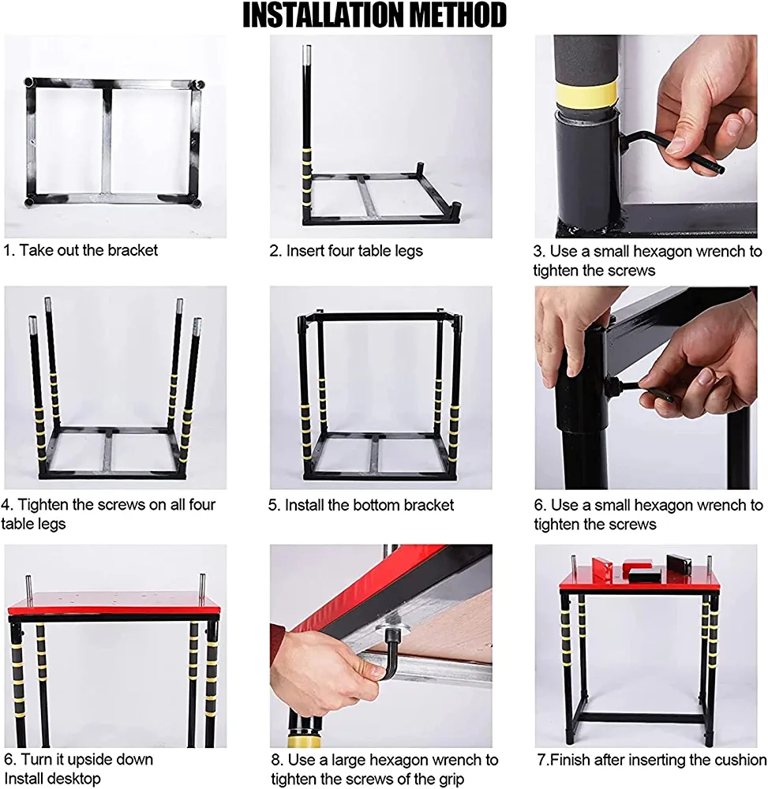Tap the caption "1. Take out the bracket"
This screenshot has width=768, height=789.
point(81,250)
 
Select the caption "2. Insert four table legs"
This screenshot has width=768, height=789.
point(347,251)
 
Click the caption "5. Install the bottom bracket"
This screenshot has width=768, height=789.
point(361,505)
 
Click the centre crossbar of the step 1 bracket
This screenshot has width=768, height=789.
point(107,141)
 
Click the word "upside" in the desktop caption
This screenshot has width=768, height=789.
point(92,760)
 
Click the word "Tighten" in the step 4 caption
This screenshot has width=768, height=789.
point(44,505)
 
